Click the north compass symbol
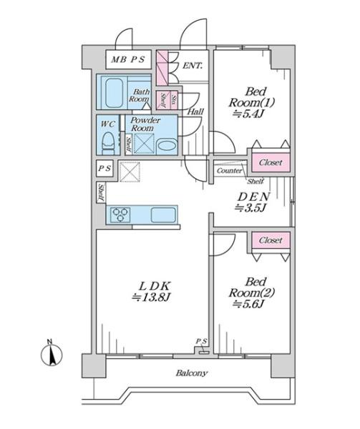click(x=52, y=354)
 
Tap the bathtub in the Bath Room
click(x=114, y=93)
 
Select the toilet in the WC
click(x=108, y=144)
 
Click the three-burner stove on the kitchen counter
click(x=120, y=214)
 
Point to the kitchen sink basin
click(x=163, y=215)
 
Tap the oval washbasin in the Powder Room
click(x=167, y=145)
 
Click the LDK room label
click(x=155, y=286)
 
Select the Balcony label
click(x=191, y=373)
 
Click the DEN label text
click(x=254, y=197)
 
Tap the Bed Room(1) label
click(x=252, y=97)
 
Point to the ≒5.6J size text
click(x=248, y=304)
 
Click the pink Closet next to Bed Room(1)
click(x=271, y=162)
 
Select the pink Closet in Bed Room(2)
click(x=271, y=240)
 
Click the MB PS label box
click(x=128, y=59)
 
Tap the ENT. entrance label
click(x=193, y=66)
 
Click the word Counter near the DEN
click(x=230, y=171)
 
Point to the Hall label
click(x=195, y=112)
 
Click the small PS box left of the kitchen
click(x=104, y=168)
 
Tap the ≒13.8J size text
click(x=151, y=297)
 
